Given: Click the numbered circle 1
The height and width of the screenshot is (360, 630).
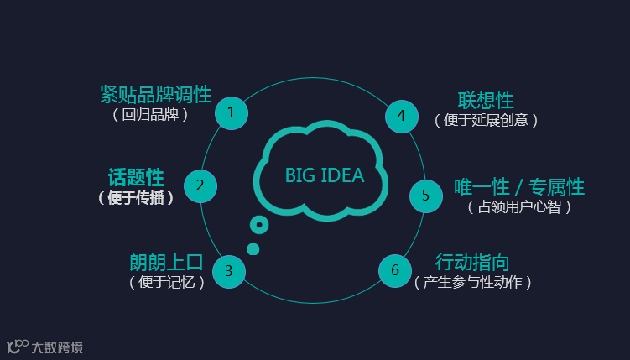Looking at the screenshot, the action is [x=232, y=112].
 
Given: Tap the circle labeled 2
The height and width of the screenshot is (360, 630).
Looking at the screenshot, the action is [x=200, y=185].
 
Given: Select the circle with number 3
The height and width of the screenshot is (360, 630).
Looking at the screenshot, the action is [x=228, y=270].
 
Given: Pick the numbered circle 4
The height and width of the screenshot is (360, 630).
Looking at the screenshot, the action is [x=401, y=116].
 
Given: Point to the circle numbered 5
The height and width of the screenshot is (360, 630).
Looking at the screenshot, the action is [x=425, y=196].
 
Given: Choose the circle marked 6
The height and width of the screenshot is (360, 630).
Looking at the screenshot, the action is [x=395, y=270].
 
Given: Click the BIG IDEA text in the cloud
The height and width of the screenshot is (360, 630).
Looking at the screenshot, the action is [x=325, y=175].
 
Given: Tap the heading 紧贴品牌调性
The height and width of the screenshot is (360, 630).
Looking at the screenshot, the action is [x=155, y=94].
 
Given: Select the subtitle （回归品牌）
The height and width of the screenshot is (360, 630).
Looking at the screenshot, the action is [x=150, y=115].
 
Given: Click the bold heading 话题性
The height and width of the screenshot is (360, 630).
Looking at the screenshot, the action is [x=136, y=177].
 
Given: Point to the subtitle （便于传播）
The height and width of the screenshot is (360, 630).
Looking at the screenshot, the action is [x=136, y=198].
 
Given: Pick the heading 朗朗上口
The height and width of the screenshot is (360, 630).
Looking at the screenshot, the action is [x=166, y=262].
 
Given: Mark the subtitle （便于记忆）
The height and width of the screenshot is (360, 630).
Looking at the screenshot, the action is [x=167, y=283].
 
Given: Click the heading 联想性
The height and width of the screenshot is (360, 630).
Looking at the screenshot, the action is [x=486, y=100].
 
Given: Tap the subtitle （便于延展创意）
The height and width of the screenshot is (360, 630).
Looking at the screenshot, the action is [x=486, y=120].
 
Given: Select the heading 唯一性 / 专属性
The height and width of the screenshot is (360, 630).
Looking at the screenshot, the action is [x=519, y=186].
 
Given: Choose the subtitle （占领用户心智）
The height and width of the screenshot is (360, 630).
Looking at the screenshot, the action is [x=519, y=207].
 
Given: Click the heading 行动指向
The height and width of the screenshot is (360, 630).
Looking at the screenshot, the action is [x=472, y=262].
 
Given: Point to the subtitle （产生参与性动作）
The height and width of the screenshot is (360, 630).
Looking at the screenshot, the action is [x=473, y=283].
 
